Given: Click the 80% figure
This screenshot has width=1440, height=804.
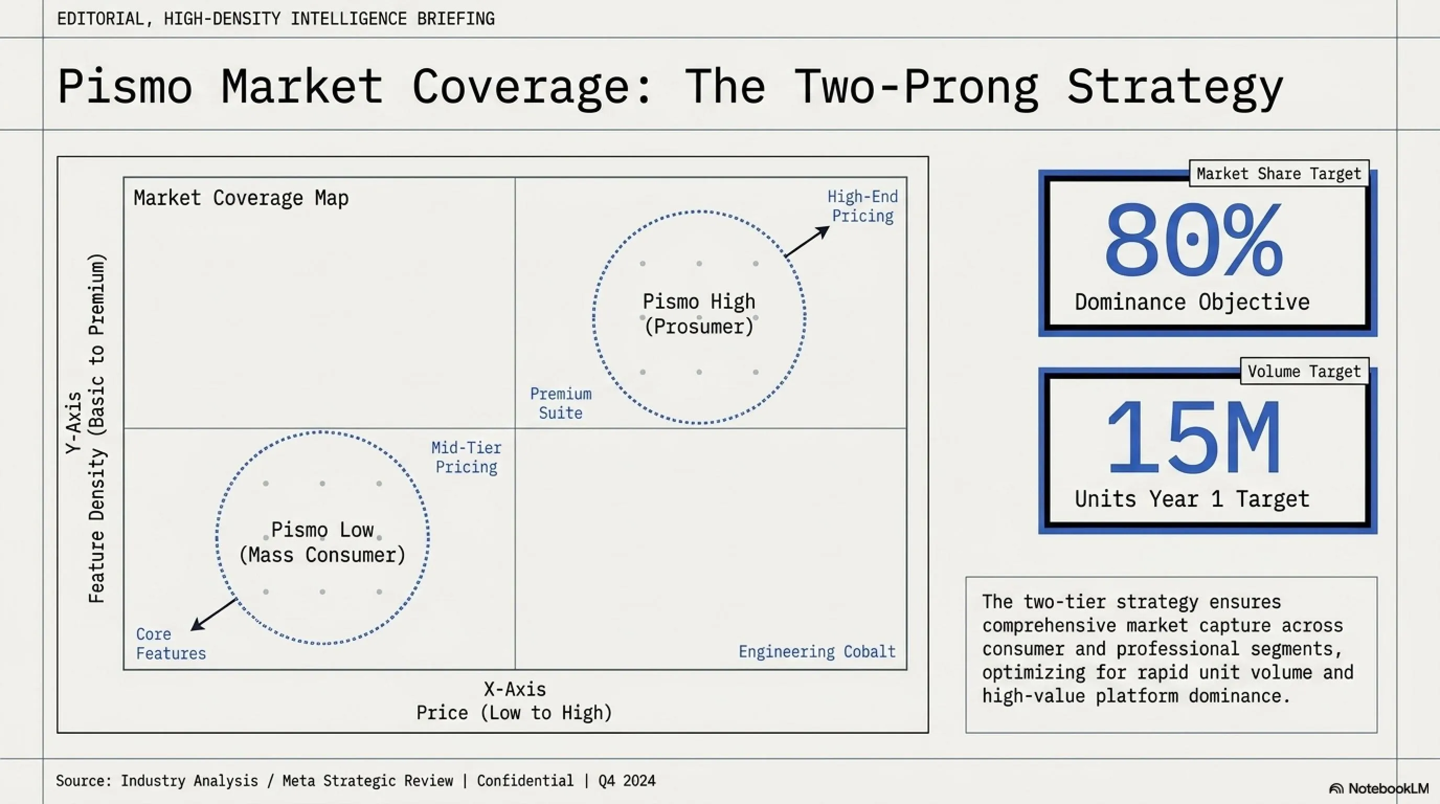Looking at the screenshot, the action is coord(1194,240).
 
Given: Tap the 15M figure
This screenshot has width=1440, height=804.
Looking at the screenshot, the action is coord(1194,437).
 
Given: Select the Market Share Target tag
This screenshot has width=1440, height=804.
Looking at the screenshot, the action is coord(1278,174).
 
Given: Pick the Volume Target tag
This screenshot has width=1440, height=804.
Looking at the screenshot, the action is coord(1304,371).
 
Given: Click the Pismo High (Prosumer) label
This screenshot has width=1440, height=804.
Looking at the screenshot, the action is coord(699,314).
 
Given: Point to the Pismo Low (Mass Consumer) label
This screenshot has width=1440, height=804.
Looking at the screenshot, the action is coord(322,542).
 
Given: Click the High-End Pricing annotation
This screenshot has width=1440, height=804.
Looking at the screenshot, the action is coord(862,206).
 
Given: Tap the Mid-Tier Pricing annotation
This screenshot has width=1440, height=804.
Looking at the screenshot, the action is coord(466,457).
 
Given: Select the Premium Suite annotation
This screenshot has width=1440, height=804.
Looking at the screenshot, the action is coord(561,403).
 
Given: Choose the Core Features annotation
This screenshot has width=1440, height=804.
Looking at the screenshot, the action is coord(171,643).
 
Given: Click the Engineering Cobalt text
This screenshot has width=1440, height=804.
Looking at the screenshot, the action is coord(817,652).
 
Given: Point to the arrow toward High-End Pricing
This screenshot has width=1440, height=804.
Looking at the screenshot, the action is coord(807,241).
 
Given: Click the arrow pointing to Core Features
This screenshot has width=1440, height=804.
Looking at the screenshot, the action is coord(213,615).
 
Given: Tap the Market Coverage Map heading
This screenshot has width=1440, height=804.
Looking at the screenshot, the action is coord(241,198).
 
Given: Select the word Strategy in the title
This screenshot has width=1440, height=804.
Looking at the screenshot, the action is coord(1175,87).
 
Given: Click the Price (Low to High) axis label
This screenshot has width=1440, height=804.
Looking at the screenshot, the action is coord(514,713).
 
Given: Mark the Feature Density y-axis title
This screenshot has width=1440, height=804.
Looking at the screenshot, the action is coord(96,428).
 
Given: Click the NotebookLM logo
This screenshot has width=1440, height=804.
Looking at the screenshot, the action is coord(1378,788).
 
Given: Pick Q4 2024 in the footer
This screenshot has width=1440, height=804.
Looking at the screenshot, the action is coord(627,780).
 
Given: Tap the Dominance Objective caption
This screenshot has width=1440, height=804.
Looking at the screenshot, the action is coord(1192,303).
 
